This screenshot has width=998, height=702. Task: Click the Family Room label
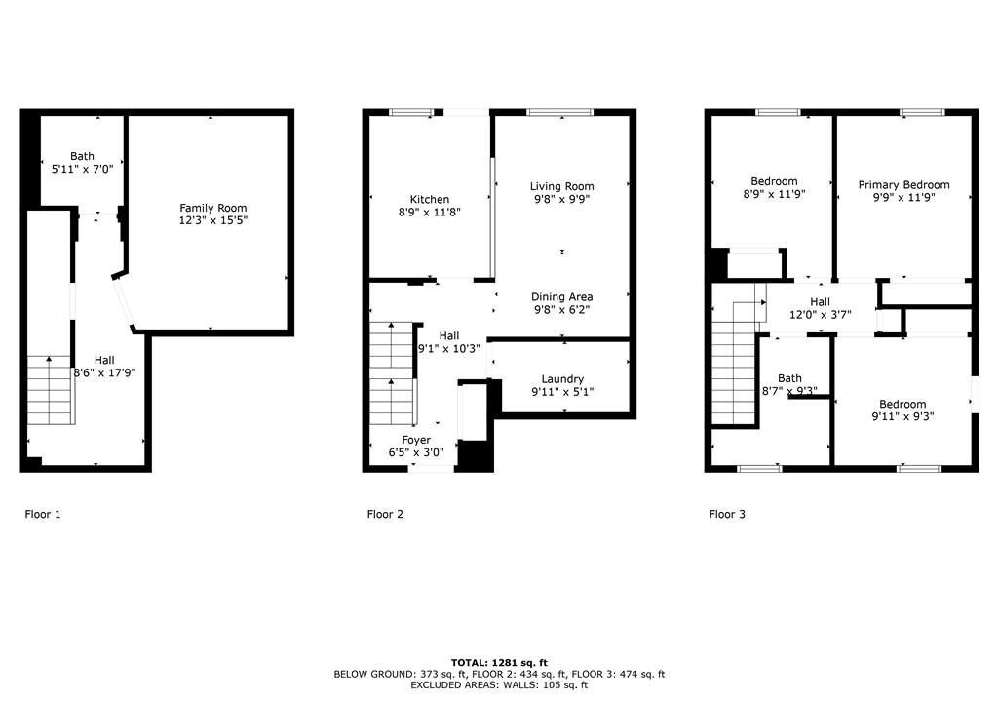(212, 208)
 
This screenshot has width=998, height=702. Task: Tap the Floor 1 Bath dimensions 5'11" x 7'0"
(82, 169)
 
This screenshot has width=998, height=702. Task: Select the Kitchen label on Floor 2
(430, 200)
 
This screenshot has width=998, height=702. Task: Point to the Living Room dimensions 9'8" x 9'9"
(562, 199)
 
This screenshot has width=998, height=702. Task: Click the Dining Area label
(562, 296)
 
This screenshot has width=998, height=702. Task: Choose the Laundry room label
(562, 379)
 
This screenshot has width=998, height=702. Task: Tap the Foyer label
(416, 440)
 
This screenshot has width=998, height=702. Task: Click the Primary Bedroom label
(903, 184)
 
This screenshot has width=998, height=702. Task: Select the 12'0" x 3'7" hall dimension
(821, 314)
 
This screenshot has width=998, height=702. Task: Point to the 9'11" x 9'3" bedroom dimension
(902, 416)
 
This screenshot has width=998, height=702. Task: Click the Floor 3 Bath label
(789, 378)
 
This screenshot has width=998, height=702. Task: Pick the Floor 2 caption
(385, 514)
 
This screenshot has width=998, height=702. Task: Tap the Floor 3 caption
(727, 514)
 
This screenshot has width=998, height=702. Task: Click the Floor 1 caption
(43, 514)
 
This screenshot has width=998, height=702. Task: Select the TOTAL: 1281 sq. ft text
(499, 662)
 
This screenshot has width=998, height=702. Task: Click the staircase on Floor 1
(50, 390)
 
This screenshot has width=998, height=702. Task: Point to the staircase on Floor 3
(734, 362)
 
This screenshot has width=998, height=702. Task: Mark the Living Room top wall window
(560, 113)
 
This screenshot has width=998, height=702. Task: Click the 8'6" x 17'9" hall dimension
(104, 372)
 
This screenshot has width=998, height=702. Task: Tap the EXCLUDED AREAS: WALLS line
(499, 685)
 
